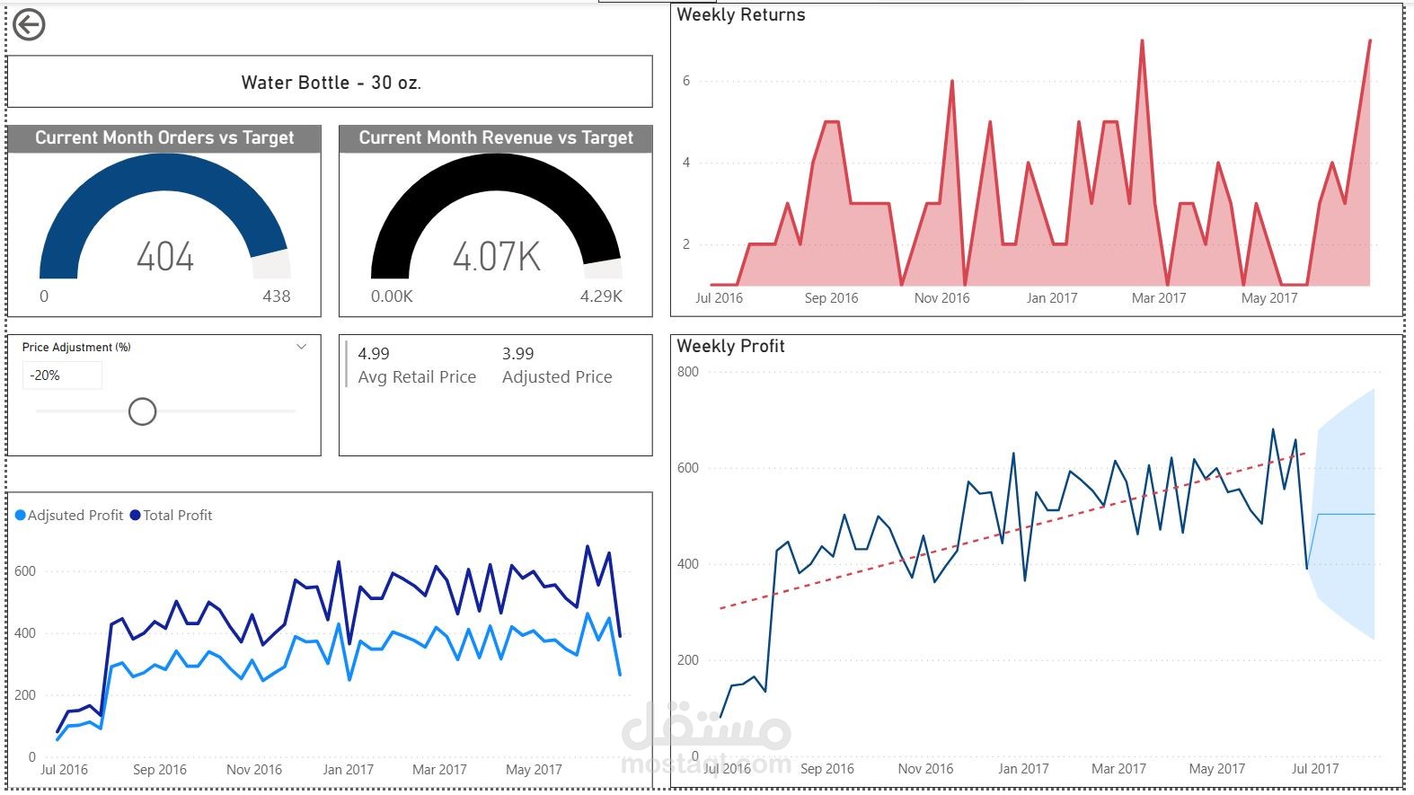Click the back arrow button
(x=29, y=25)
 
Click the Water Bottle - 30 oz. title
(x=331, y=82)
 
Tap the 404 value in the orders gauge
(x=164, y=256)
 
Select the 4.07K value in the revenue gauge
(x=496, y=256)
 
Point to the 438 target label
(x=277, y=296)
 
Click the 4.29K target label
(x=601, y=296)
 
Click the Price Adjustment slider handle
(x=142, y=411)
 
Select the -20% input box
(x=62, y=375)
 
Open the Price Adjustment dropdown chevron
(x=301, y=347)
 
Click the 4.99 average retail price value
(x=374, y=354)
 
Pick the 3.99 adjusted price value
(x=517, y=354)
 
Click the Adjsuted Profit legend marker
(x=20, y=516)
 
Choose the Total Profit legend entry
(x=171, y=516)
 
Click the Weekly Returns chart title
(x=740, y=14)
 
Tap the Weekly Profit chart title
(x=730, y=346)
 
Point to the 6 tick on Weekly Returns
(x=686, y=81)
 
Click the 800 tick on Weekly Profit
(x=687, y=372)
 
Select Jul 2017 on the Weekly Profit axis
(x=1315, y=768)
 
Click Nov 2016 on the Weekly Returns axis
(x=941, y=298)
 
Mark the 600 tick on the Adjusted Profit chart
(x=24, y=571)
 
